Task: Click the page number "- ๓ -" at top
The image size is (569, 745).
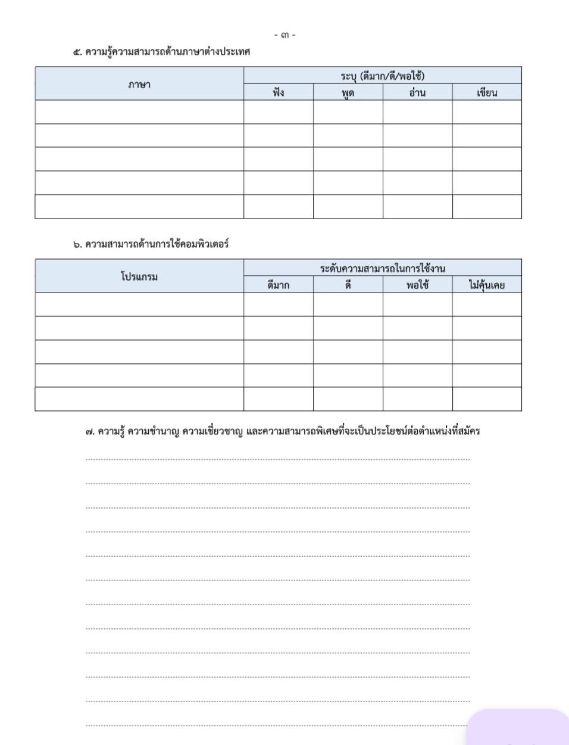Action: point(284,35)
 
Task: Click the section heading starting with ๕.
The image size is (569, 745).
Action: point(161,52)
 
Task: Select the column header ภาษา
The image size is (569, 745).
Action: point(139,84)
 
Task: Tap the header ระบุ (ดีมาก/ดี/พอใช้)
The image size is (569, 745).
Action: point(382,76)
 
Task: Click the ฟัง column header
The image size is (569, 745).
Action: point(279,92)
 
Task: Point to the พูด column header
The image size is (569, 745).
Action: point(348,92)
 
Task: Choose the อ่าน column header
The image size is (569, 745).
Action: point(417,92)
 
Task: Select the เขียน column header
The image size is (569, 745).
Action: point(487,92)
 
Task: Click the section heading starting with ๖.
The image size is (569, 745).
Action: point(151,244)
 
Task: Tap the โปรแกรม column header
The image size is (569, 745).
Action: point(139,276)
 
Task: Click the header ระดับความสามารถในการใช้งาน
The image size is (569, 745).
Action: point(382,268)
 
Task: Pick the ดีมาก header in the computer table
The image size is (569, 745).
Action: point(279,285)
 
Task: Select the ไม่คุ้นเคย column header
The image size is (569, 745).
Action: point(487,285)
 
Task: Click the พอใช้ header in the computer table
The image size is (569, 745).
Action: point(417,285)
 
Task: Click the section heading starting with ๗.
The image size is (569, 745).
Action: point(282,431)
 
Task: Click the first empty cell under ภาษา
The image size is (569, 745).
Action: point(139,112)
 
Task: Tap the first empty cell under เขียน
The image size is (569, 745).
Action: point(487,112)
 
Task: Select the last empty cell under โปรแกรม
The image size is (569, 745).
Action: point(139,399)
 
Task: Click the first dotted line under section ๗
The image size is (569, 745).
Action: point(277,459)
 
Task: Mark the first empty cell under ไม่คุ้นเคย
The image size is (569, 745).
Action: point(487,304)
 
